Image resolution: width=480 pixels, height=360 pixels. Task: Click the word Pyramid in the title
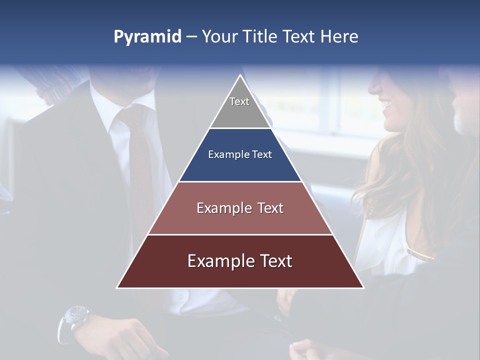pyautogui.click(x=147, y=37)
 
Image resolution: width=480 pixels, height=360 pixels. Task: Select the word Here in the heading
pyautogui.click(x=339, y=36)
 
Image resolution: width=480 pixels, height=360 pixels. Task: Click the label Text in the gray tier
pyautogui.click(x=239, y=101)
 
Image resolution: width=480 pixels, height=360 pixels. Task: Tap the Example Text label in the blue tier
pyautogui.click(x=240, y=154)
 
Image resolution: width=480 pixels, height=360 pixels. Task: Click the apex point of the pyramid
pyautogui.click(x=240, y=75)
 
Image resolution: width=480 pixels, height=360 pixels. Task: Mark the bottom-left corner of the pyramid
pyautogui.click(x=117, y=287)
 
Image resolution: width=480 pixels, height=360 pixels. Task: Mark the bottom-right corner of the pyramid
pyautogui.click(x=363, y=287)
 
